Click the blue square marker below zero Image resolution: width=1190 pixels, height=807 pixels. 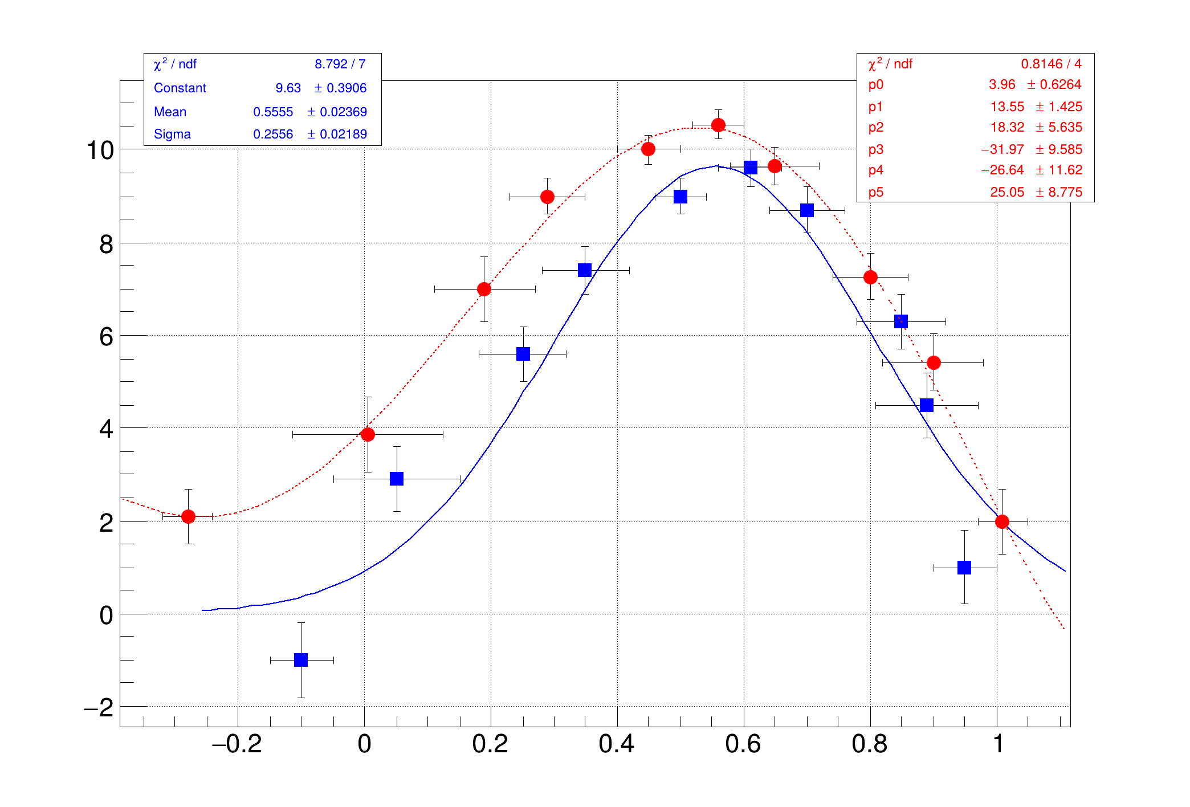[x=301, y=660]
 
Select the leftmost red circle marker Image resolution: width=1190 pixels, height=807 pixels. [x=188, y=516]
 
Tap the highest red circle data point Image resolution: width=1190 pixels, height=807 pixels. [x=718, y=125]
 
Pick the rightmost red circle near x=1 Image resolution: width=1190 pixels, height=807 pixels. [x=1002, y=521]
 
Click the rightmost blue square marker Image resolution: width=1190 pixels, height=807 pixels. [x=964, y=568]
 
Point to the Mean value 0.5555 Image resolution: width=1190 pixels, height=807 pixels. [x=273, y=112]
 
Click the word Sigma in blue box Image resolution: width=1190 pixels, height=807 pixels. [x=172, y=134]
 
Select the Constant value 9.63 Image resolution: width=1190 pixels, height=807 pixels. [x=288, y=88]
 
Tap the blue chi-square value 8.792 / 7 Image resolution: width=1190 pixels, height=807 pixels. [x=340, y=64]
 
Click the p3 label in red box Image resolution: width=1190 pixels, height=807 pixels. [x=876, y=149]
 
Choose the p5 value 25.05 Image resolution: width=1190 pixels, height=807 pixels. [x=1007, y=192]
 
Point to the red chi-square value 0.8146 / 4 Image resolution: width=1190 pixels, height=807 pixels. [x=1050, y=64]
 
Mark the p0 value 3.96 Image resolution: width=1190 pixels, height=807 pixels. [x=1002, y=84]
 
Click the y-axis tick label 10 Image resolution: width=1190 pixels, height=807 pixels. [x=100, y=150]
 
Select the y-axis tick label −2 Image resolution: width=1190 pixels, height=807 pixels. [x=99, y=708]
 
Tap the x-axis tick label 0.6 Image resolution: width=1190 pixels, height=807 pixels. [x=743, y=744]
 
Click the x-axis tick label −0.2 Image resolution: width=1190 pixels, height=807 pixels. [x=237, y=744]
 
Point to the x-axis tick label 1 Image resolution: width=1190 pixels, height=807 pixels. [x=998, y=744]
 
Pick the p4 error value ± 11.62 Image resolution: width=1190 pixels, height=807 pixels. [x=1058, y=170]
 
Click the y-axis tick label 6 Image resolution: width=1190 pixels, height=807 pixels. [x=106, y=337]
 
